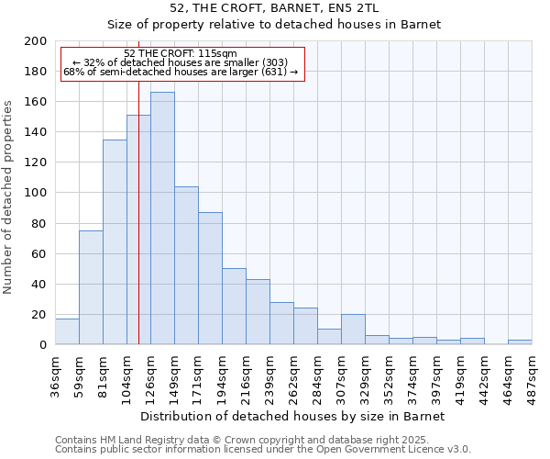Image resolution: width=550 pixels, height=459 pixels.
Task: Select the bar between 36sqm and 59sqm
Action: tap(67, 331)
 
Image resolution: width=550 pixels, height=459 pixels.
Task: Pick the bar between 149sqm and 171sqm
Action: tap(186, 265)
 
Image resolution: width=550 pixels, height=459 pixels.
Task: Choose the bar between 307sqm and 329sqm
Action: tap(353, 330)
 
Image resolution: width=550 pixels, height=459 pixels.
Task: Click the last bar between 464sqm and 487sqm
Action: tap(520, 342)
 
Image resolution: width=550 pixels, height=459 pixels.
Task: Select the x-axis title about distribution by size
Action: tap(293, 416)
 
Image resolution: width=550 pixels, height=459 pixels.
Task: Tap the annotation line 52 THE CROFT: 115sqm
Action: tap(180, 53)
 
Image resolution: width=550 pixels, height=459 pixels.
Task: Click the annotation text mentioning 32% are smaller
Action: tap(180, 62)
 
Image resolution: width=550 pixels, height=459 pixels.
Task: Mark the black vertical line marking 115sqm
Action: tap(138, 229)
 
